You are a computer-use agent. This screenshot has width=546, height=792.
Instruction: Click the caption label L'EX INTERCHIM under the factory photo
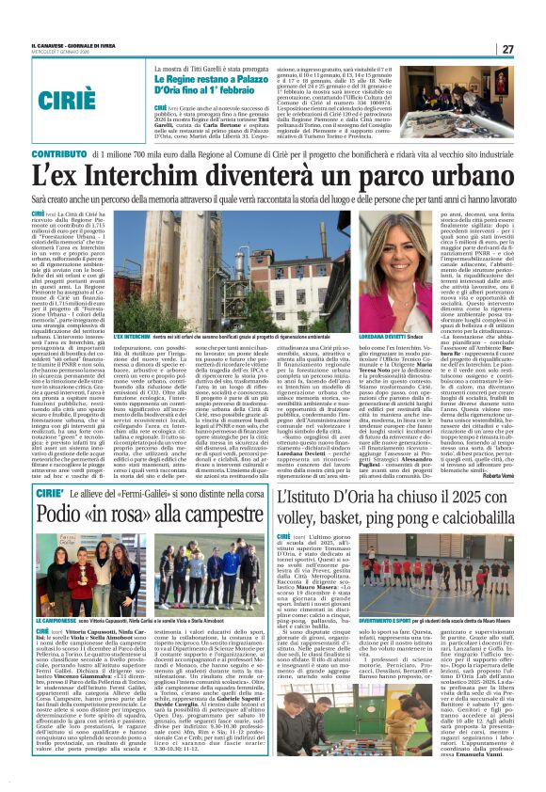point(132,336)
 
